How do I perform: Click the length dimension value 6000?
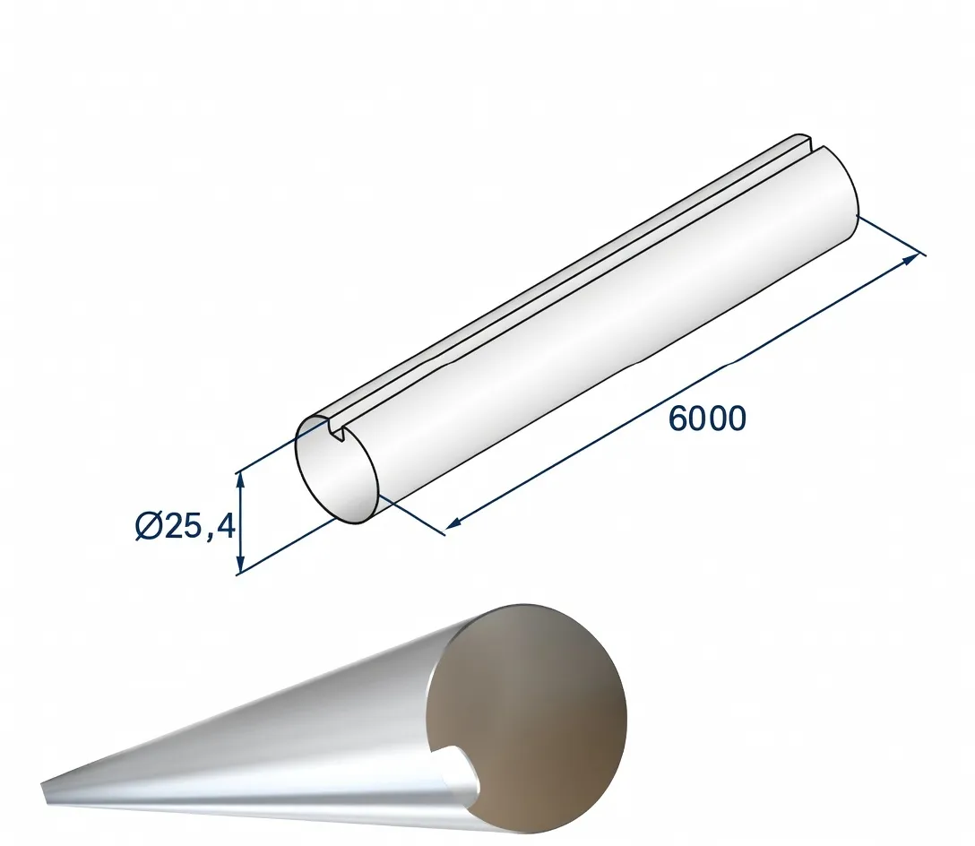coord(707,419)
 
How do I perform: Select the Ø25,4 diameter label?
coord(185,526)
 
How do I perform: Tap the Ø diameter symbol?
coord(149,526)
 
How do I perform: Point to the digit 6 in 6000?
coord(678,419)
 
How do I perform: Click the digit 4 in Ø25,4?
coord(224,526)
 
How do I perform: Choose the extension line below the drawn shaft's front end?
coord(411,516)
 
